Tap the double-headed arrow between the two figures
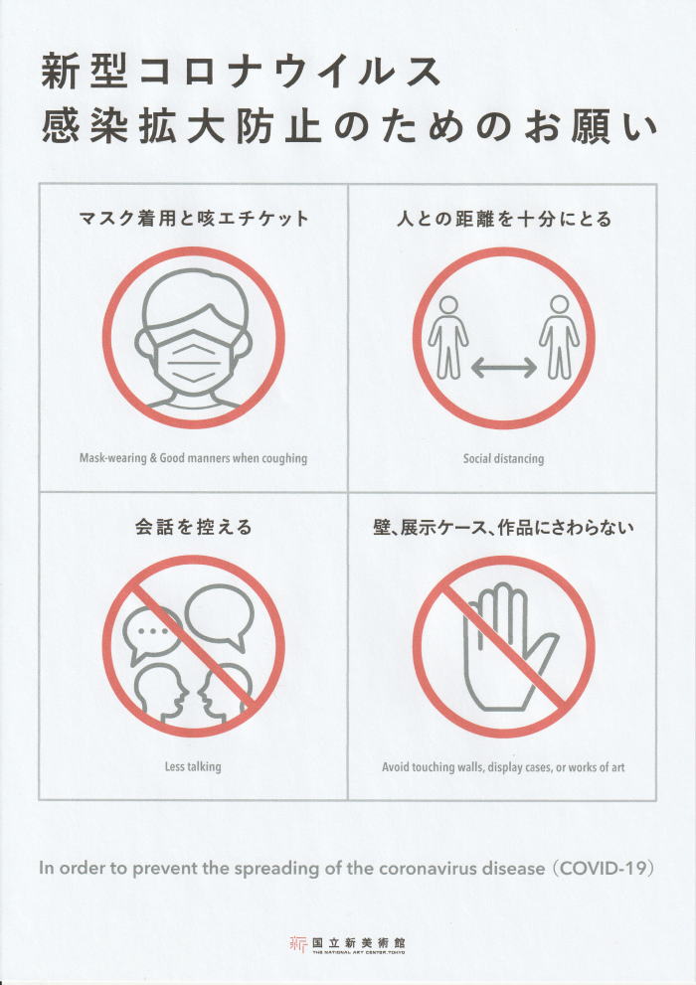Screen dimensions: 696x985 pyautogui.click(x=504, y=368)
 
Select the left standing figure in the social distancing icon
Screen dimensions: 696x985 pyautogui.click(x=447, y=338)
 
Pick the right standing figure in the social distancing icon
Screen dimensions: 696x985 pyautogui.click(x=559, y=338)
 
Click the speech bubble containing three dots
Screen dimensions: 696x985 pyautogui.click(x=152, y=635)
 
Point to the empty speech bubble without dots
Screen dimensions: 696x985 pyautogui.click(x=219, y=615)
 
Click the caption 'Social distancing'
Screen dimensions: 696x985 pyautogui.click(x=504, y=458)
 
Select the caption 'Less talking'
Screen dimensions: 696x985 pyautogui.click(x=193, y=766)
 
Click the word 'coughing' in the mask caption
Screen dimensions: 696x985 pyautogui.click(x=285, y=458)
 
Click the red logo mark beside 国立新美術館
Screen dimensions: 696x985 pyautogui.click(x=297, y=943)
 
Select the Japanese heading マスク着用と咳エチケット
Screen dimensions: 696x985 pyautogui.click(x=194, y=218)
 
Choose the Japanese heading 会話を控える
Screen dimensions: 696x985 pyautogui.click(x=194, y=527)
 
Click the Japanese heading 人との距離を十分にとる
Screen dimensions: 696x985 pyautogui.click(x=504, y=218)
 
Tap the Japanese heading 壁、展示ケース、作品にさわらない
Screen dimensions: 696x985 pyautogui.click(x=504, y=527)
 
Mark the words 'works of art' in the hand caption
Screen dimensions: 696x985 pyautogui.click(x=597, y=767)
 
